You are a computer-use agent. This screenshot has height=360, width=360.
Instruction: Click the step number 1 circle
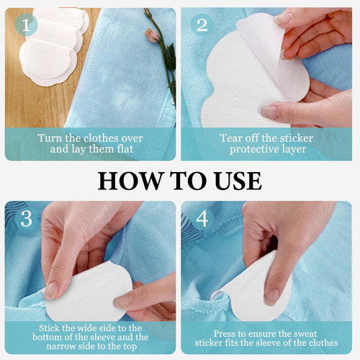26,25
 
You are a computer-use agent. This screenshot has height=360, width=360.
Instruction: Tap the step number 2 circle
202,25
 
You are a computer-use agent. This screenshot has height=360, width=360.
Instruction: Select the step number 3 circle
26,219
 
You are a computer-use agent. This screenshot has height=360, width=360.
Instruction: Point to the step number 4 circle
202,219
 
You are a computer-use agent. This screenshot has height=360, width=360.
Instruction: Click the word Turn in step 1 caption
50,138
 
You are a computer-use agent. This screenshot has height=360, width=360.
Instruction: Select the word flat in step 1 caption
125,149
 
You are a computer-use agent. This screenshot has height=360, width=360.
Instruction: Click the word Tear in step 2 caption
231,138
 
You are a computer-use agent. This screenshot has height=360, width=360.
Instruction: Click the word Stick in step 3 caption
49,328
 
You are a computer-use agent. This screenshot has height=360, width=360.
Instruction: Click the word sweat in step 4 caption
304,334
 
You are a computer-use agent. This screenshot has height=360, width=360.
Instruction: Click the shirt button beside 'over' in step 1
158,145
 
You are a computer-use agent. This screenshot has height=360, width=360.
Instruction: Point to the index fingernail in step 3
51,291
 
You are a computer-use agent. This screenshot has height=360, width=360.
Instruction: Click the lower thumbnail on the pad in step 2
269,112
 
